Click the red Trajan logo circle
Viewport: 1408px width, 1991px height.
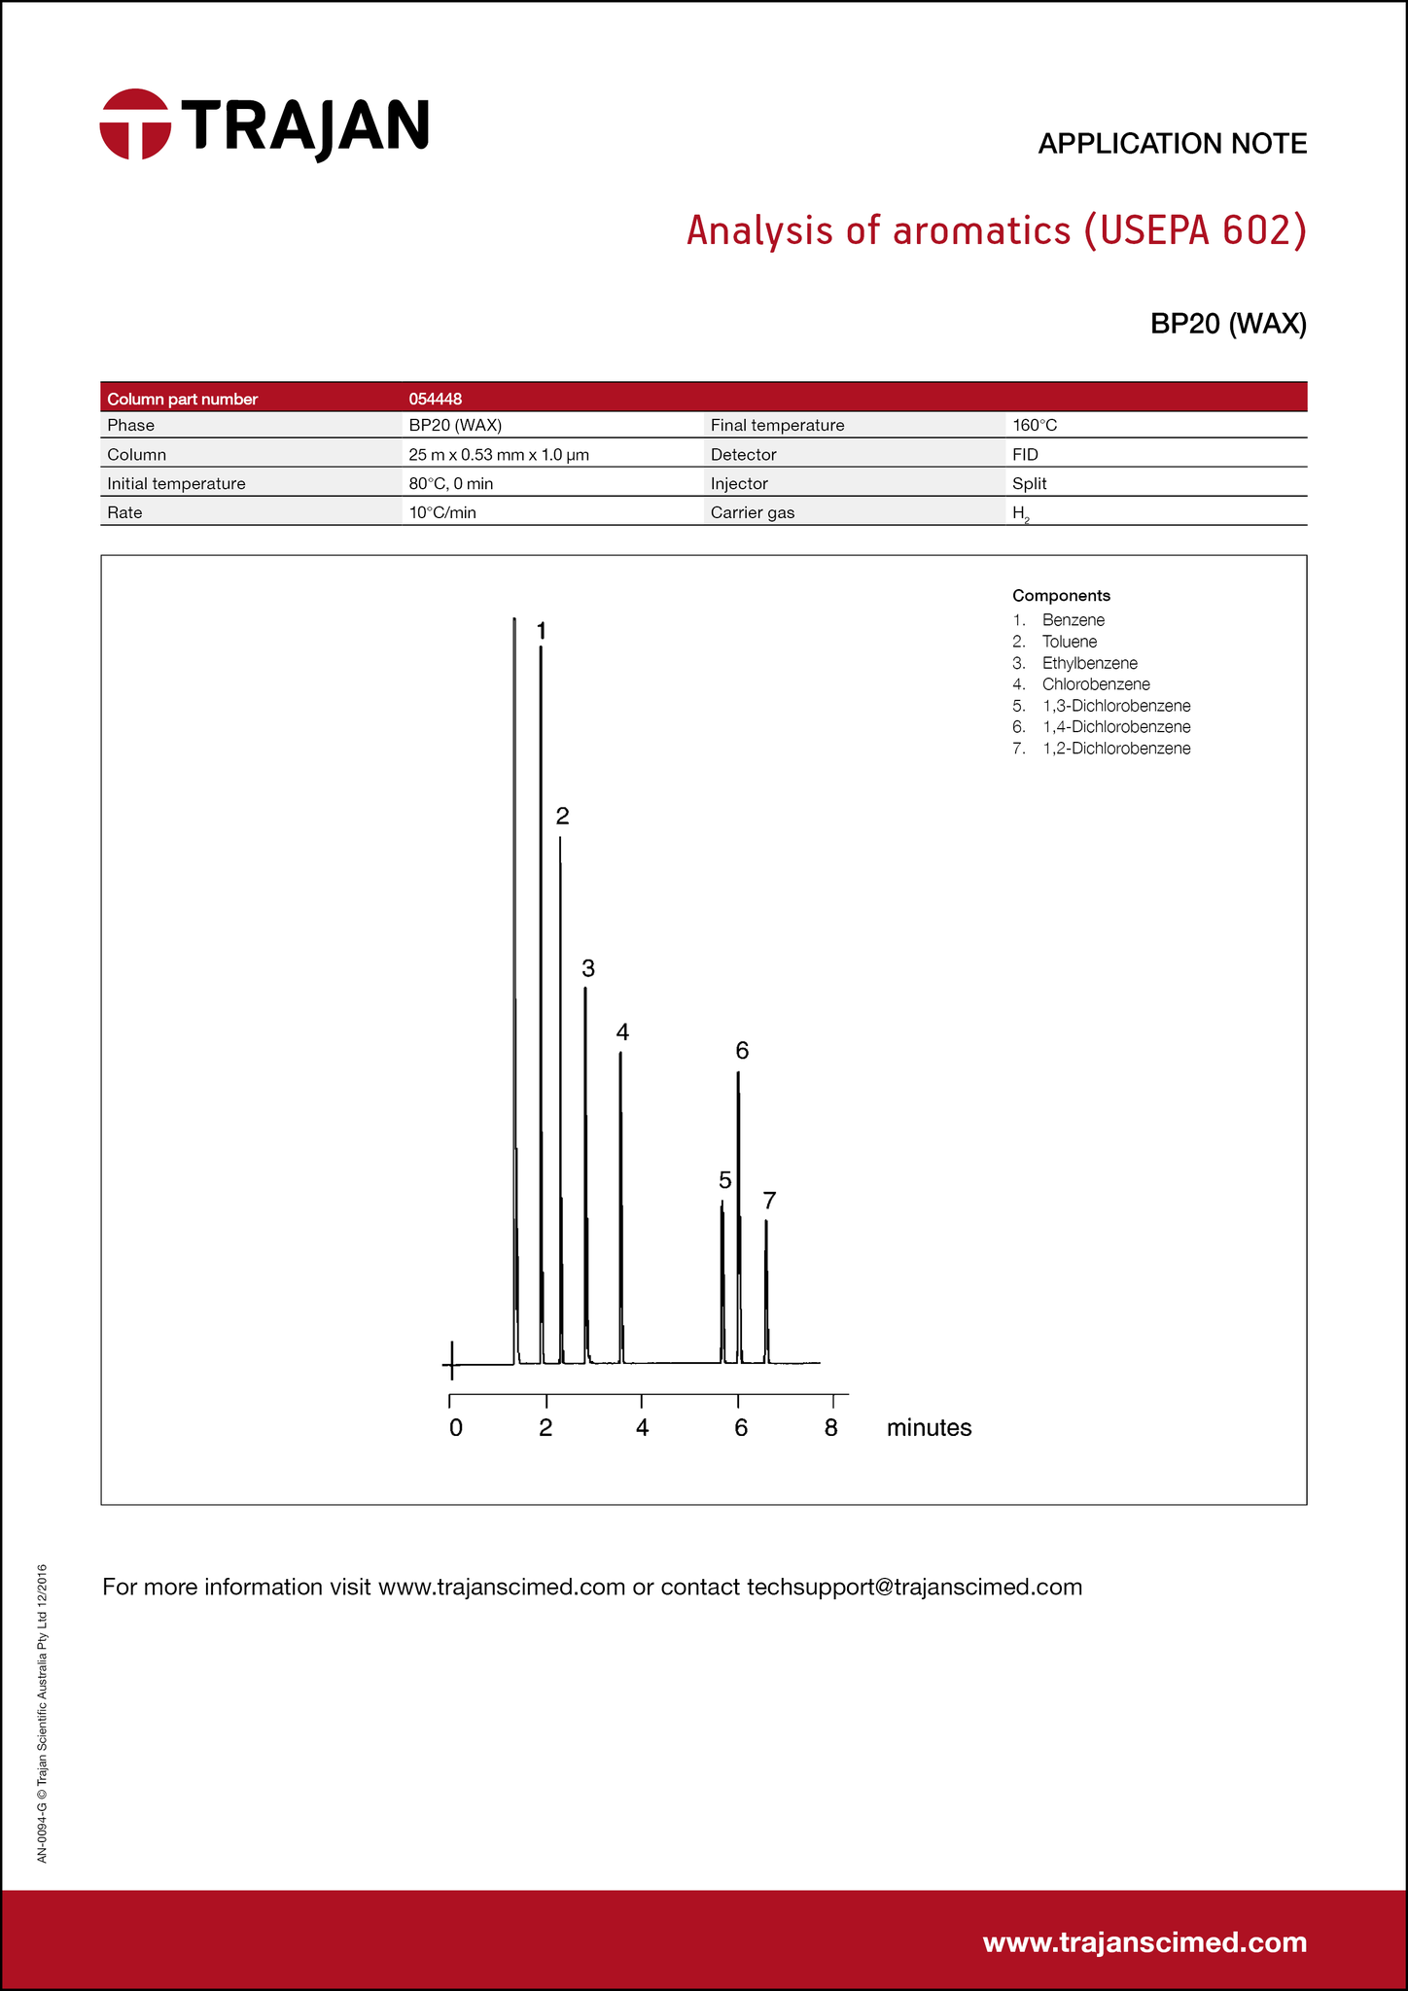(135, 124)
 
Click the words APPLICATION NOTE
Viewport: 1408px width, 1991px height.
(1172, 144)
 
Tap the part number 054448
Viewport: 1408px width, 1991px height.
(435, 399)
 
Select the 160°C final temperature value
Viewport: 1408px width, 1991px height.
(1034, 426)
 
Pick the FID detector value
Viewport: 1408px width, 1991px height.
(1025, 455)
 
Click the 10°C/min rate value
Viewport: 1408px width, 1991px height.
(442, 513)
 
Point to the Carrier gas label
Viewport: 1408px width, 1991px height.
(752, 513)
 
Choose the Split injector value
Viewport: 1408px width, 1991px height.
(1029, 484)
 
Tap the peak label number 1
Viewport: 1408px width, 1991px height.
(542, 632)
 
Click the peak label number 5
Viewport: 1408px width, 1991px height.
(724, 1180)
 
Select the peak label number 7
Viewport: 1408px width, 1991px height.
(769, 1201)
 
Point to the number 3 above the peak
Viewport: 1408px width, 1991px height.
(588, 968)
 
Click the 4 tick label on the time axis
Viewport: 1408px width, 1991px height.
(642, 1428)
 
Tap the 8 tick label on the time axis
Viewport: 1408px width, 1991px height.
(830, 1428)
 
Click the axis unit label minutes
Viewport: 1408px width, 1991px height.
(929, 1428)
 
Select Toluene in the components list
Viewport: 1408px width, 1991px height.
(1069, 642)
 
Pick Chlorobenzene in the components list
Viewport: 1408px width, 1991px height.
(1095, 684)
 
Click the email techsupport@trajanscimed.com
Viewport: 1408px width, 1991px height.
(914, 1588)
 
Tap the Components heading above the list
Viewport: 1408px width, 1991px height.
(1061, 596)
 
